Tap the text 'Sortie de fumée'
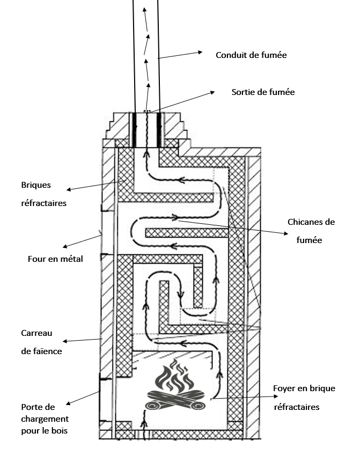click(x=263, y=92)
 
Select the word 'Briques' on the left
click(x=36, y=185)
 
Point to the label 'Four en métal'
click(x=56, y=259)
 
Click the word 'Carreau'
click(x=36, y=333)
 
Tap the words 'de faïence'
click(x=41, y=351)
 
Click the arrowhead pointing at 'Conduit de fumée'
click(x=200, y=52)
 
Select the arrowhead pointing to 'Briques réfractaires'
click(x=68, y=189)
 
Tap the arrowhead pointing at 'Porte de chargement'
click(x=68, y=404)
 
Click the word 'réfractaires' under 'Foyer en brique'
click(x=296, y=407)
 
